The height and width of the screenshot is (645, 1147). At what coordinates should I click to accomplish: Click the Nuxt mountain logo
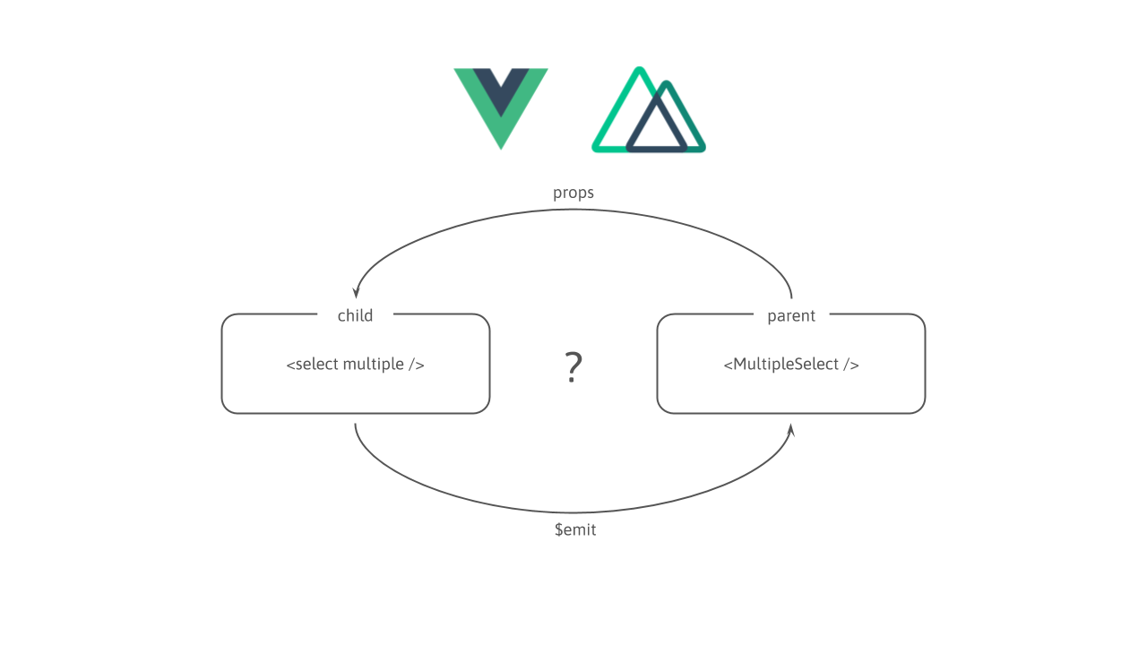pos(648,111)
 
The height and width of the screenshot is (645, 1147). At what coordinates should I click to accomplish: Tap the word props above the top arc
pos(573,193)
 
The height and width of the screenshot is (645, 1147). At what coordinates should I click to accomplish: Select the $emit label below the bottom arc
pos(575,529)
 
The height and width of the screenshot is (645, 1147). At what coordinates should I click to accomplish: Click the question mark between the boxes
pos(573,367)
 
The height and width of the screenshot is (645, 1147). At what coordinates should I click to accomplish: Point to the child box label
pos(355,315)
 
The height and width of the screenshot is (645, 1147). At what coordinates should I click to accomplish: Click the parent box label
pos(791,315)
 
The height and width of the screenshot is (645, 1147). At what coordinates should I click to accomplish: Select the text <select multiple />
pos(355,365)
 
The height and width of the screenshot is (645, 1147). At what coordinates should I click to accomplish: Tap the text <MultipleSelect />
pos(791,365)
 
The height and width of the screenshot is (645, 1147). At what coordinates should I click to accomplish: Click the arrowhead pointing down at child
pos(356,292)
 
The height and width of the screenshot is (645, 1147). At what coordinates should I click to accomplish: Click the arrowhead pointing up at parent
pos(790,431)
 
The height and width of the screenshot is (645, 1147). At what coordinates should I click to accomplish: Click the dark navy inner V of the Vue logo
pos(501,90)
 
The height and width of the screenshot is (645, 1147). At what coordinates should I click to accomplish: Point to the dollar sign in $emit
pos(558,529)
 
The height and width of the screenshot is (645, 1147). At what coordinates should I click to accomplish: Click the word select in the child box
pos(316,365)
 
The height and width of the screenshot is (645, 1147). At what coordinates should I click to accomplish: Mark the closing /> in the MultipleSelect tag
pos(851,365)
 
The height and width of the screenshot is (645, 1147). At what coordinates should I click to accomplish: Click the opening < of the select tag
pos(289,365)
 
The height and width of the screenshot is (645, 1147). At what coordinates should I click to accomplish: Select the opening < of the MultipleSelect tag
pos(727,365)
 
